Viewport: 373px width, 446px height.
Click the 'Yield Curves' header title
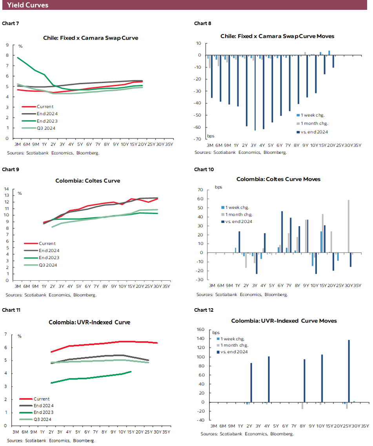[x=28, y=5]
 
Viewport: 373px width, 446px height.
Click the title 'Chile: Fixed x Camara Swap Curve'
[x=91, y=38]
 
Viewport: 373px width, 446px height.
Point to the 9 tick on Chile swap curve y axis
[x=7, y=45]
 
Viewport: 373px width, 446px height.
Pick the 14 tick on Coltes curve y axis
[x=7, y=189]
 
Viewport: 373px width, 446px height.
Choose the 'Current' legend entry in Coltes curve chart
[x=46, y=243]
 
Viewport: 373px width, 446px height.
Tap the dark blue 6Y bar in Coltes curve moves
[x=282, y=232]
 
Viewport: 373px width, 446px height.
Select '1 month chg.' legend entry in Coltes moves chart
[x=239, y=214]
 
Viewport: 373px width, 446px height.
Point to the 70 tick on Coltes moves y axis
[x=200, y=190]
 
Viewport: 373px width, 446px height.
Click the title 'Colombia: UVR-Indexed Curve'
[x=89, y=322]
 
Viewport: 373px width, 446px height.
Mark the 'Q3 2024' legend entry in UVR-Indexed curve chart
[x=44, y=419]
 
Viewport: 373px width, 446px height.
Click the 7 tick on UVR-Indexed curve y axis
[x=5, y=334]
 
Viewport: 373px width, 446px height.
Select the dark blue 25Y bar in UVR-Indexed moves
[x=349, y=371]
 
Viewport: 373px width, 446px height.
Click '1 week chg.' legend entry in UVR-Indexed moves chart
[x=235, y=338]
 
